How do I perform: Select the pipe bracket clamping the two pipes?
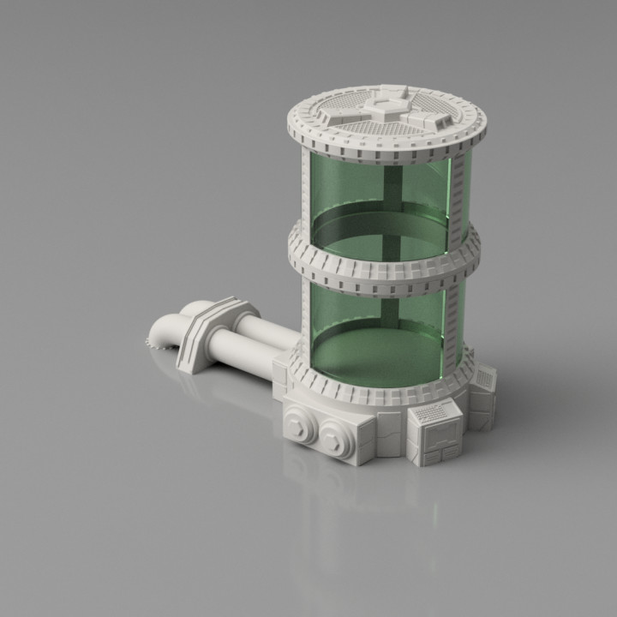210,332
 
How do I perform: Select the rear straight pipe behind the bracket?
257,326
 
